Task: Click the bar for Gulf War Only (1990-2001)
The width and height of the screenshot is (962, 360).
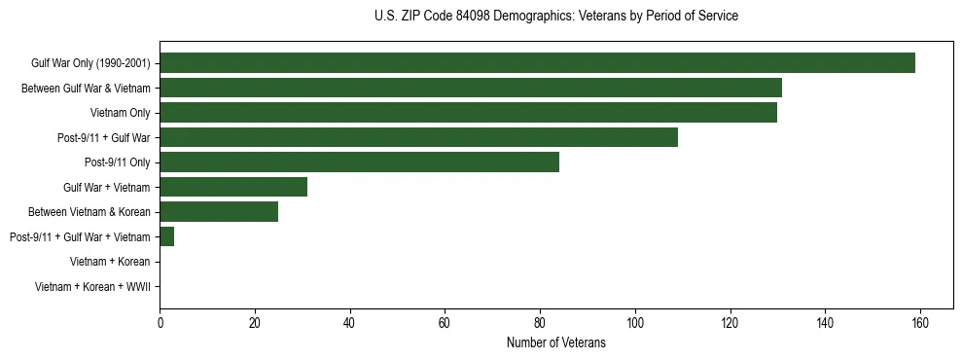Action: point(537,63)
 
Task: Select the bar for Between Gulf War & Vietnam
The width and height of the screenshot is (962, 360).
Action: point(471,89)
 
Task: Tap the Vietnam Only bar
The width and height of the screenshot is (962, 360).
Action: point(468,113)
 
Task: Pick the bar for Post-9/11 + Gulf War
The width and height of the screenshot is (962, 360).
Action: point(418,137)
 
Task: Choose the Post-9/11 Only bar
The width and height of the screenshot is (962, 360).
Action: point(359,162)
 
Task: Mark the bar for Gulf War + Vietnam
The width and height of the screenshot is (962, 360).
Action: point(233,187)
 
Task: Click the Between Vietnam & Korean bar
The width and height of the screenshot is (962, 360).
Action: point(219,211)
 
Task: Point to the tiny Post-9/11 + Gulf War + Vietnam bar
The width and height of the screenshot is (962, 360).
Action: point(166,236)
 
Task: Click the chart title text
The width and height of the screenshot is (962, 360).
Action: point(555,17)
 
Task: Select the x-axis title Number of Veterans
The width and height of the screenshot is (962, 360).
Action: point(555,343)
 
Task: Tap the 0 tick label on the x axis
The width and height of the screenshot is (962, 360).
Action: point(160,324)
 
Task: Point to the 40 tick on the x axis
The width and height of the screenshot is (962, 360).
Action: point(349,324)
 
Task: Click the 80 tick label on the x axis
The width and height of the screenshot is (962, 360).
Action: point(540,324)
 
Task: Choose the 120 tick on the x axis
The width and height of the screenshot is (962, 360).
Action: point(730,324)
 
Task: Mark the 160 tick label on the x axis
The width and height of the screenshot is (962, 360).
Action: point(919,324)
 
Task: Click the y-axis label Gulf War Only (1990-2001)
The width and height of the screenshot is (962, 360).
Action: point(90,63)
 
